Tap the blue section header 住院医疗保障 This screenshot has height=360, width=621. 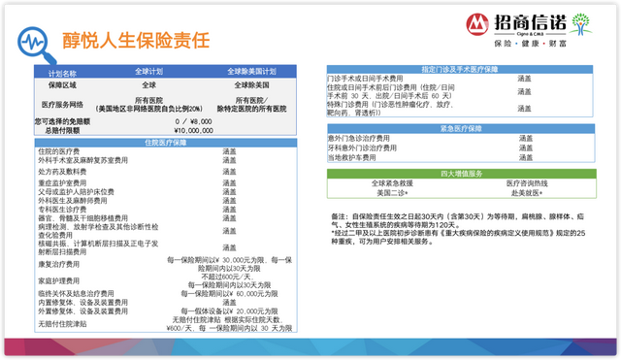(x=172, y=143)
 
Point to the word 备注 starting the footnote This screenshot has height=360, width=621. (x=340, y=215)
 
